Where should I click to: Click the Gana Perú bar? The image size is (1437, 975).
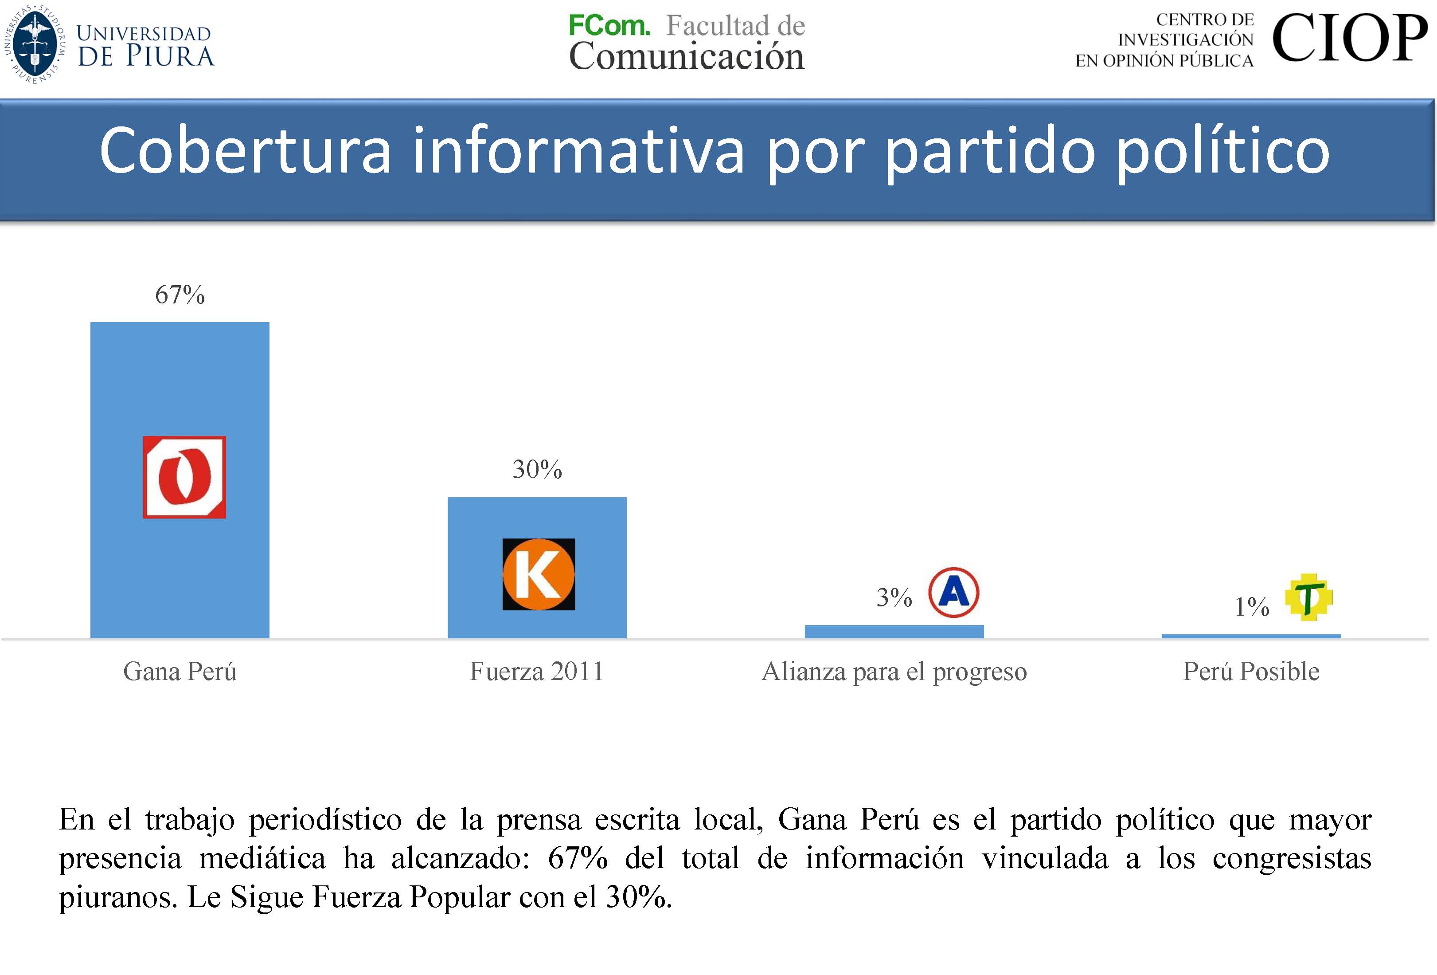click(x=180, y=384)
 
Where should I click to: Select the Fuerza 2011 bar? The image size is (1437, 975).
click(x=537, y=520)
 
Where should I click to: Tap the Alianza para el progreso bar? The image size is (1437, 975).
click(x=894, y=632)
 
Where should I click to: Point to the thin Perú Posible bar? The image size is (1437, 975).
click(x=1251, y=636)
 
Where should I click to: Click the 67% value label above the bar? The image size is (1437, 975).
click(x=180, y=295)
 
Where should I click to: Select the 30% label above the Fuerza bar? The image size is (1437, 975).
click(x=537, y=470)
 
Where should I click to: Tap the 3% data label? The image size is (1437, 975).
click(x=894, y=598)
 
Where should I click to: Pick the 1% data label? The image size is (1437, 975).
click(x=1251, y=607)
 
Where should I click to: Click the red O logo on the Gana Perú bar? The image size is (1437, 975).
click(x=184, y=477)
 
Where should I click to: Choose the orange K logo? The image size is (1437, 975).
click(x=538, y=574)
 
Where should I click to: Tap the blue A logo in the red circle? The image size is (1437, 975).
click(x=953, y=592)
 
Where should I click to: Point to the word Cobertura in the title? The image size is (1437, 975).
click(x=245, y=151)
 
